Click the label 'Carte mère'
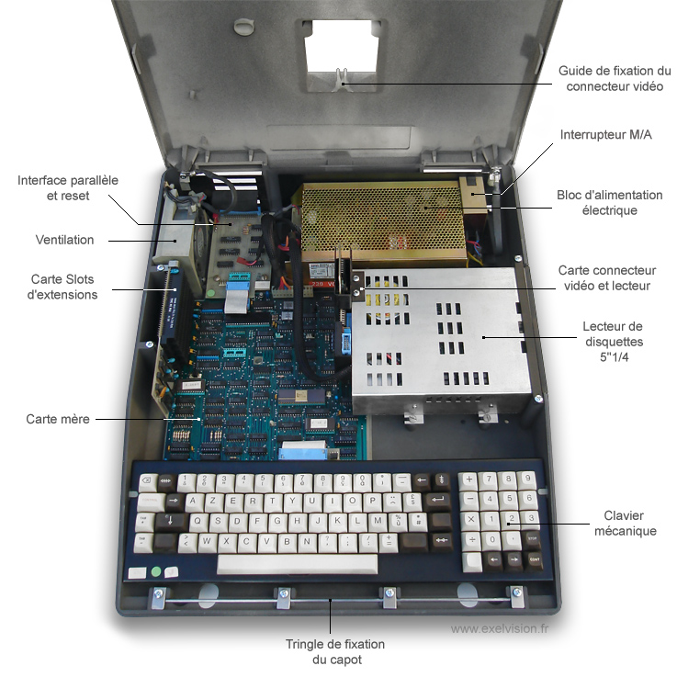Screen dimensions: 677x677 point(58,419)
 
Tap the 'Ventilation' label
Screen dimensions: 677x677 point(65,240)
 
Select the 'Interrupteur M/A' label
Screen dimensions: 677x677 point(605,135)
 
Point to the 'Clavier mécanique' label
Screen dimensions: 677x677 point(626,524)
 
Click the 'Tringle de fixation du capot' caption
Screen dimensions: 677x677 point(335,652)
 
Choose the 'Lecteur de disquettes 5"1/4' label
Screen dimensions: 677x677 point(614,342)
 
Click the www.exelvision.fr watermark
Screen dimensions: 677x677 point(500,628)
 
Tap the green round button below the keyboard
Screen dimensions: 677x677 point(156,571)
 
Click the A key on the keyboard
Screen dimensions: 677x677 point(194,502)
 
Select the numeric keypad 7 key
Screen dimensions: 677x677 point(489,480)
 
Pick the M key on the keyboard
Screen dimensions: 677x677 point(378,522)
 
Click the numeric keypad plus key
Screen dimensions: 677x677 point(468,480)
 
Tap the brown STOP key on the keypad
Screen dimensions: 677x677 point(533,540)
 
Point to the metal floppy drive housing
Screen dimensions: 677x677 point(440,341)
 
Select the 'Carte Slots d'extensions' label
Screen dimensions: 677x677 point(62,287)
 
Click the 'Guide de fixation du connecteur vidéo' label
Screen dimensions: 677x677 point(615,79)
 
